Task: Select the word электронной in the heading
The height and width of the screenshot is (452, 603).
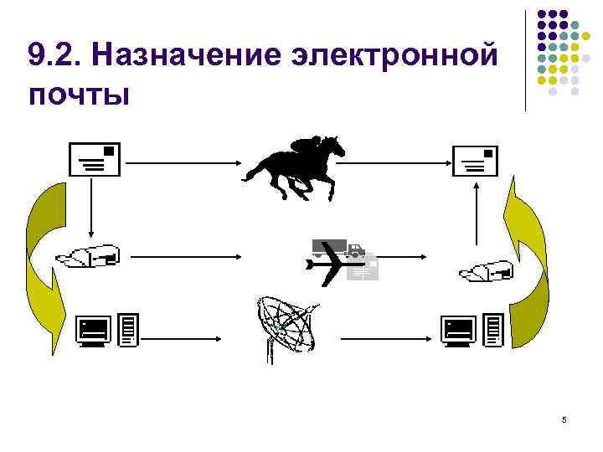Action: [x=392, y=56]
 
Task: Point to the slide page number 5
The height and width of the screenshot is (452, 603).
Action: [x=564, y=420]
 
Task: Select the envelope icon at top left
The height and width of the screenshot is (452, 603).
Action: [x=95, y=159]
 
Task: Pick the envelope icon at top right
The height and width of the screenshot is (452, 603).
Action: [x=475, y=160]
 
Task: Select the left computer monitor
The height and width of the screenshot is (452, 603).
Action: [x=92, y=331]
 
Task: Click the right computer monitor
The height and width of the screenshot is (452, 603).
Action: [x=459, y=331]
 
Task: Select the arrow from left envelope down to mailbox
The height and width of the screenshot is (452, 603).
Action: [x=91, y=209]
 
